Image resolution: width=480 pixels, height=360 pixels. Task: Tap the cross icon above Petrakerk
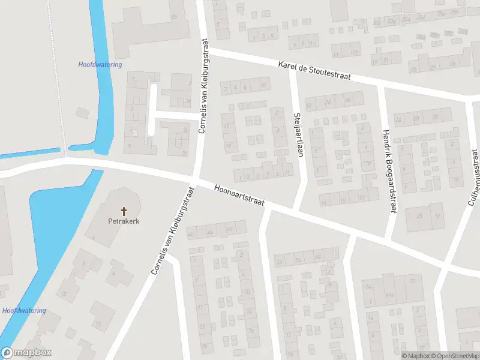[x=125, y=211]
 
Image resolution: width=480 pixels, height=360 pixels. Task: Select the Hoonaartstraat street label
[x=238, y=195]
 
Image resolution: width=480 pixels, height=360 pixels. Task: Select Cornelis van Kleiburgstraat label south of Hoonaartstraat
[x=173, y=230]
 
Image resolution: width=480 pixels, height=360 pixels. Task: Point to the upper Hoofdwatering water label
[x=100, y=64]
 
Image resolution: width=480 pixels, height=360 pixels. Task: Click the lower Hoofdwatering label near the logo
[x=24, y=310]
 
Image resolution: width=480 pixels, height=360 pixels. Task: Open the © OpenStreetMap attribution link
[x=454, y=356]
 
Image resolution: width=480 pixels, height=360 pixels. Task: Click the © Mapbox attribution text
[x=415, y=356]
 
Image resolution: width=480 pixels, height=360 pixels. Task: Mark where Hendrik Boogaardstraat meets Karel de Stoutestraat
[x=380, y=85]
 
